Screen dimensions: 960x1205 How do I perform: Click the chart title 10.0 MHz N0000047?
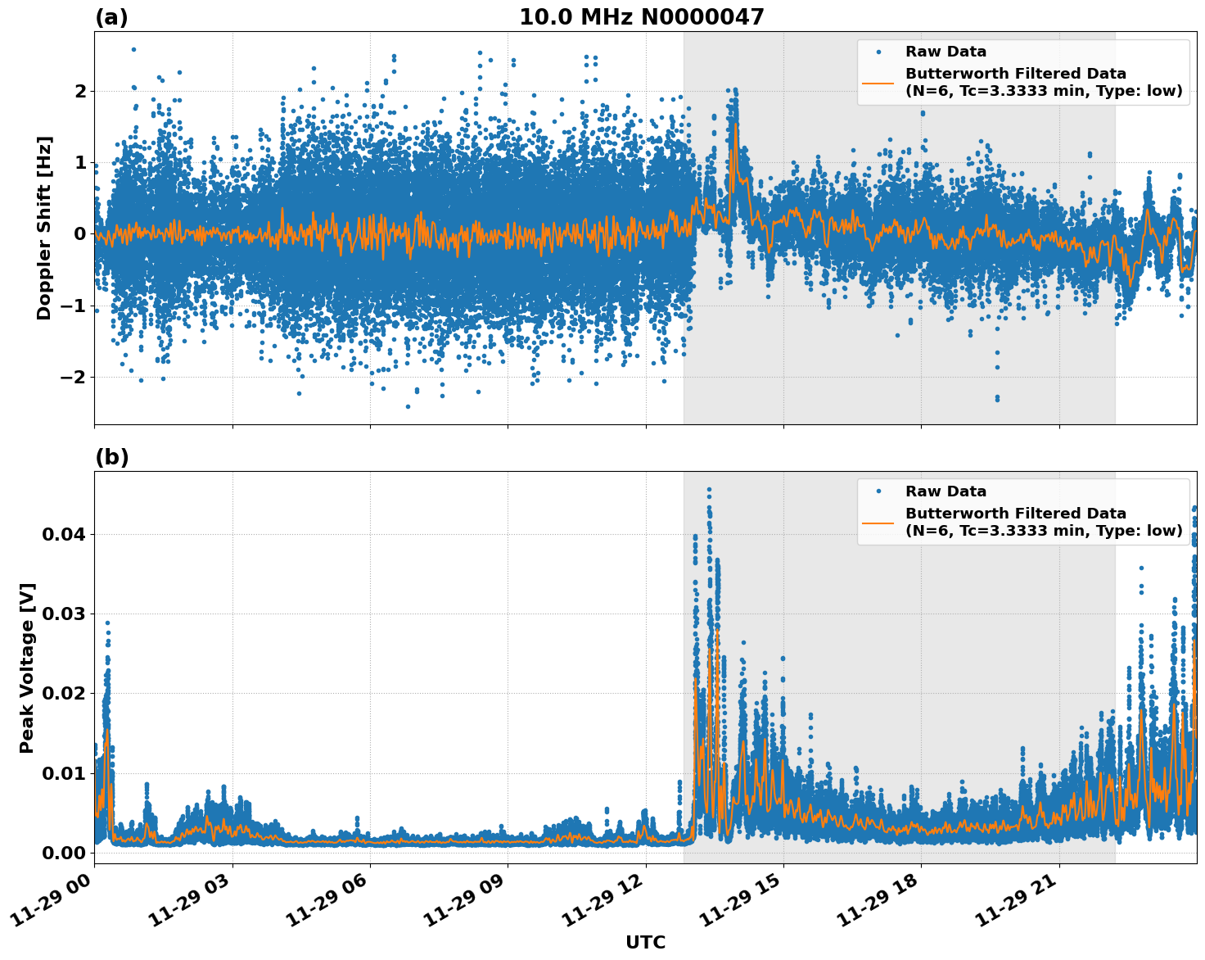(641, 17)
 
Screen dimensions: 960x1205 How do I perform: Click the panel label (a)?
(111, 17)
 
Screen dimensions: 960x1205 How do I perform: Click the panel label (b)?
(111, 457)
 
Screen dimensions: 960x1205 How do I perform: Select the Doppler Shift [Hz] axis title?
(44, 228)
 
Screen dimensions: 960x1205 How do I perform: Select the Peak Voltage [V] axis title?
(27, 668)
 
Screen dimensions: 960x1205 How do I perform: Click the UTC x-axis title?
(645, 942)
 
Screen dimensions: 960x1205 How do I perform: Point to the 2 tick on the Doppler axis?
(80, 91)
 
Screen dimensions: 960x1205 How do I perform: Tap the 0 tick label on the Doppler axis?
(80, 234)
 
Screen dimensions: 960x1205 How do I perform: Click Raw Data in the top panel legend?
(945, 52)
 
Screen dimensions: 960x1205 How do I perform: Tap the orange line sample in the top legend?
(878, 82)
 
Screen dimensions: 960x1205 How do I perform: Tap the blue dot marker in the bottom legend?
(878, 491)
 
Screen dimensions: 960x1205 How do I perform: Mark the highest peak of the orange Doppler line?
(735, 124)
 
